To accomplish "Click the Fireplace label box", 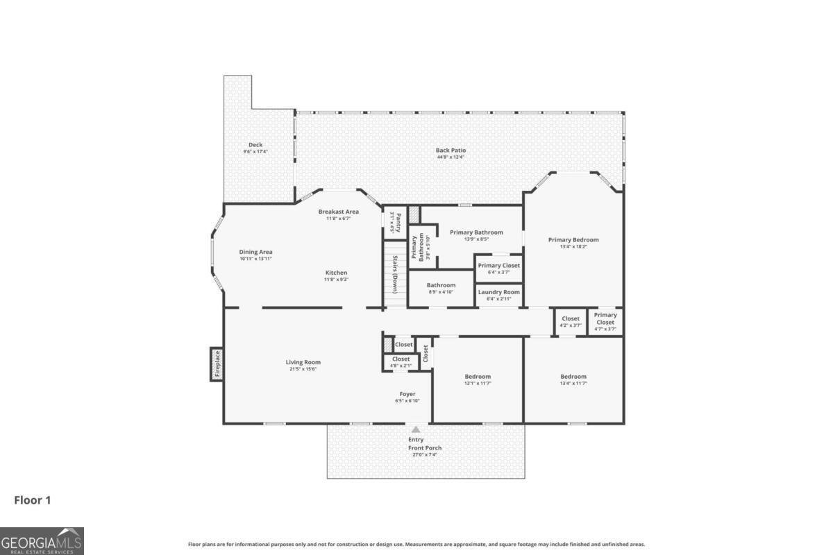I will click(217, 364).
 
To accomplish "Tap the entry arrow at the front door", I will click(416, 430).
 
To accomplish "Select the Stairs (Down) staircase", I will click(395, 274).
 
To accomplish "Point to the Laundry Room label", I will click(498, 292).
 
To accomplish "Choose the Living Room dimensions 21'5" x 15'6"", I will click(303, 369).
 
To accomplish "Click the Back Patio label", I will click(451, 150).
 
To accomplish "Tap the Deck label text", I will click(255, 145).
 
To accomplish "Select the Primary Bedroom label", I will click(573, 240).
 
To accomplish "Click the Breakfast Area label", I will click(338, 212).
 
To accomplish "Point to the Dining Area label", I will click(255, 252).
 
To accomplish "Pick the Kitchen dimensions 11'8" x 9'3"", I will click(336, 280).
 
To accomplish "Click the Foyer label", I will click(407, 394).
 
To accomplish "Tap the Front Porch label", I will click(424, 448).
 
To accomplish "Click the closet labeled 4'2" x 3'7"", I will click(570, 322).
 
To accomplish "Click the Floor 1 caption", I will click(33, 499).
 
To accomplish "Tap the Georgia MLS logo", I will click(42, 540).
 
